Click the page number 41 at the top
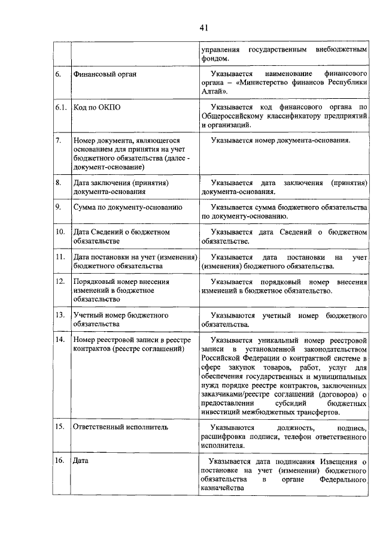pyautogui.click(x=203, y=27)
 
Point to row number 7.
pyautogui.click(x=58, y=141)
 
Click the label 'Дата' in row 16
pyautogui.click(x=80, y=461)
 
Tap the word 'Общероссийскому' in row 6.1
pyautogui.click(x=232, y=116)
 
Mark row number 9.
pyautogui.click(x=58, y=207)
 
